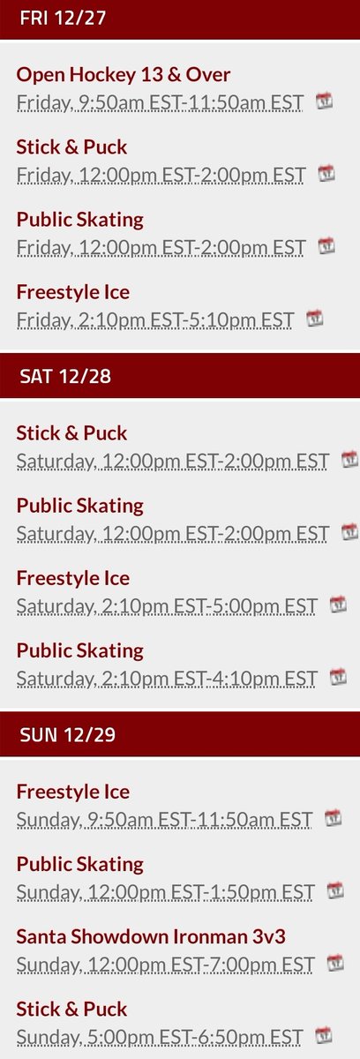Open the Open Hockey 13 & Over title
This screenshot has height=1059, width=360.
pyautogui.click(x=124, y=75)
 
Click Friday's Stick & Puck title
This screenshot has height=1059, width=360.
pyautogui.click(x=71, y=147)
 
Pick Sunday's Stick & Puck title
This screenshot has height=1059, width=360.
pyautogui.click(x=71, y=1009)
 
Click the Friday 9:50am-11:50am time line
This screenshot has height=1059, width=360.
pyautogui.click(x=160, y=102)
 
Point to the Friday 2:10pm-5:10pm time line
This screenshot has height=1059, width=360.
pyautogui.click(x=155, y=319)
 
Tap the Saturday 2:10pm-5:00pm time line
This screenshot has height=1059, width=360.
pyautogui.click(x=167, y=605)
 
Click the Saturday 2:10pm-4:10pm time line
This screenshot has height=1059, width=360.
pyautogui.click(x=167, y=678)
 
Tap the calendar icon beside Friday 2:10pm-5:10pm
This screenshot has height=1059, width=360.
pyautogui.click(x=315, y=318)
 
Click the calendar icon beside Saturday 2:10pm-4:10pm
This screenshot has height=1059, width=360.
pyautogui.click(x=338, y=676)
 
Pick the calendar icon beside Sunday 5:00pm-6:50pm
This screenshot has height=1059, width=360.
pyautogui.click(x=325, y=1034)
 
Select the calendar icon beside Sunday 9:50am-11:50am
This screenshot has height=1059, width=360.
pyautogui.click(x=334, y=817)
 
